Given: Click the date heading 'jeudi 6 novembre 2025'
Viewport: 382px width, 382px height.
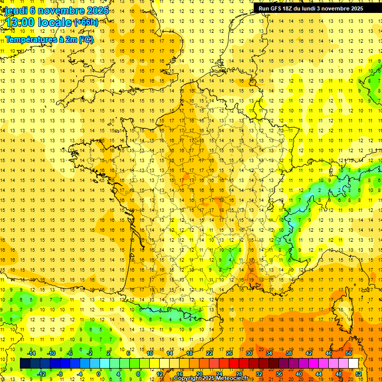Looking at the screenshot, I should [56, 10].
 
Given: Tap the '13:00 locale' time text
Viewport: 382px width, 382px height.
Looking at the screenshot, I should [38, 22].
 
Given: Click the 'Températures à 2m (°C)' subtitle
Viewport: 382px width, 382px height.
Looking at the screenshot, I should [49, 39].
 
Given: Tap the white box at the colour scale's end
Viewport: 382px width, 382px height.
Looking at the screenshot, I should [354, 364].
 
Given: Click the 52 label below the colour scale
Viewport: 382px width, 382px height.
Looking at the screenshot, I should [359, 374].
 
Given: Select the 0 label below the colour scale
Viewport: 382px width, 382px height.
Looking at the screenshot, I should [98, 374].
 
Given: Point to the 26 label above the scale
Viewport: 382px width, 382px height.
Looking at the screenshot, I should [229, 353].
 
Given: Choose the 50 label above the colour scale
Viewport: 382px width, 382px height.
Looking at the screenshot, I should [349, 353].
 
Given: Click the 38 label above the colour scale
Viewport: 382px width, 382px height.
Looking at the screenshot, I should [289, 353].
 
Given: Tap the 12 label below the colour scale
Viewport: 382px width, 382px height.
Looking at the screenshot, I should [160, 374].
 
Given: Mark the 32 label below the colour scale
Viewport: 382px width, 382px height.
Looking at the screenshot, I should [259, 374].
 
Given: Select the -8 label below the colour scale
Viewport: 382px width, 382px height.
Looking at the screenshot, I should [60, 374].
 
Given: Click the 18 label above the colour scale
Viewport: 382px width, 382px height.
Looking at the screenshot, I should [190, 353].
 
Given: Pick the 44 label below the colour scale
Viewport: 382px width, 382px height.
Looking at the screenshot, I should [319, 374].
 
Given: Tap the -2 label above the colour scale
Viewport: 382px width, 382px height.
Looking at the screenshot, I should [90, 353].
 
